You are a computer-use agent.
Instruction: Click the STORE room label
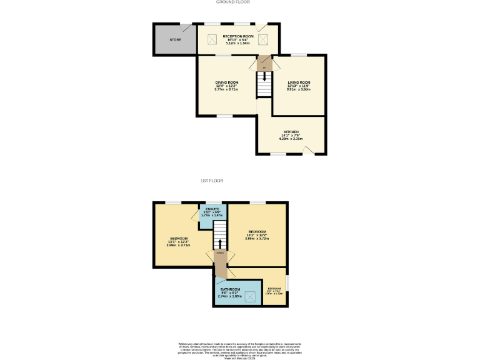click(175, 40)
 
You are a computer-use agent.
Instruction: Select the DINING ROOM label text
click(227, 82)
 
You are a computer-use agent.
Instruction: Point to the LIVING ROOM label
click(299, 82)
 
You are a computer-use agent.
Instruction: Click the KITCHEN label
click(291, 132)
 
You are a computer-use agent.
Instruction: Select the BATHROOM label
click(230, 289)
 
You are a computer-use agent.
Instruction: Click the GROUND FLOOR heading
click(233, 2)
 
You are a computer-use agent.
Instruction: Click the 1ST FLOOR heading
click(212, 181)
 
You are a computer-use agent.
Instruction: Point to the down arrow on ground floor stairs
click(264, 77)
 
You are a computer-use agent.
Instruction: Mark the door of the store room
click(187, 28)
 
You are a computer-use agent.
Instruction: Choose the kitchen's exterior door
click(316, 149)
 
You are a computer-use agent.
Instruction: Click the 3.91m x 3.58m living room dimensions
click(299, 89)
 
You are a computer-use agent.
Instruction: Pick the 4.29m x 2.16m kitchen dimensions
click(291, 138)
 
